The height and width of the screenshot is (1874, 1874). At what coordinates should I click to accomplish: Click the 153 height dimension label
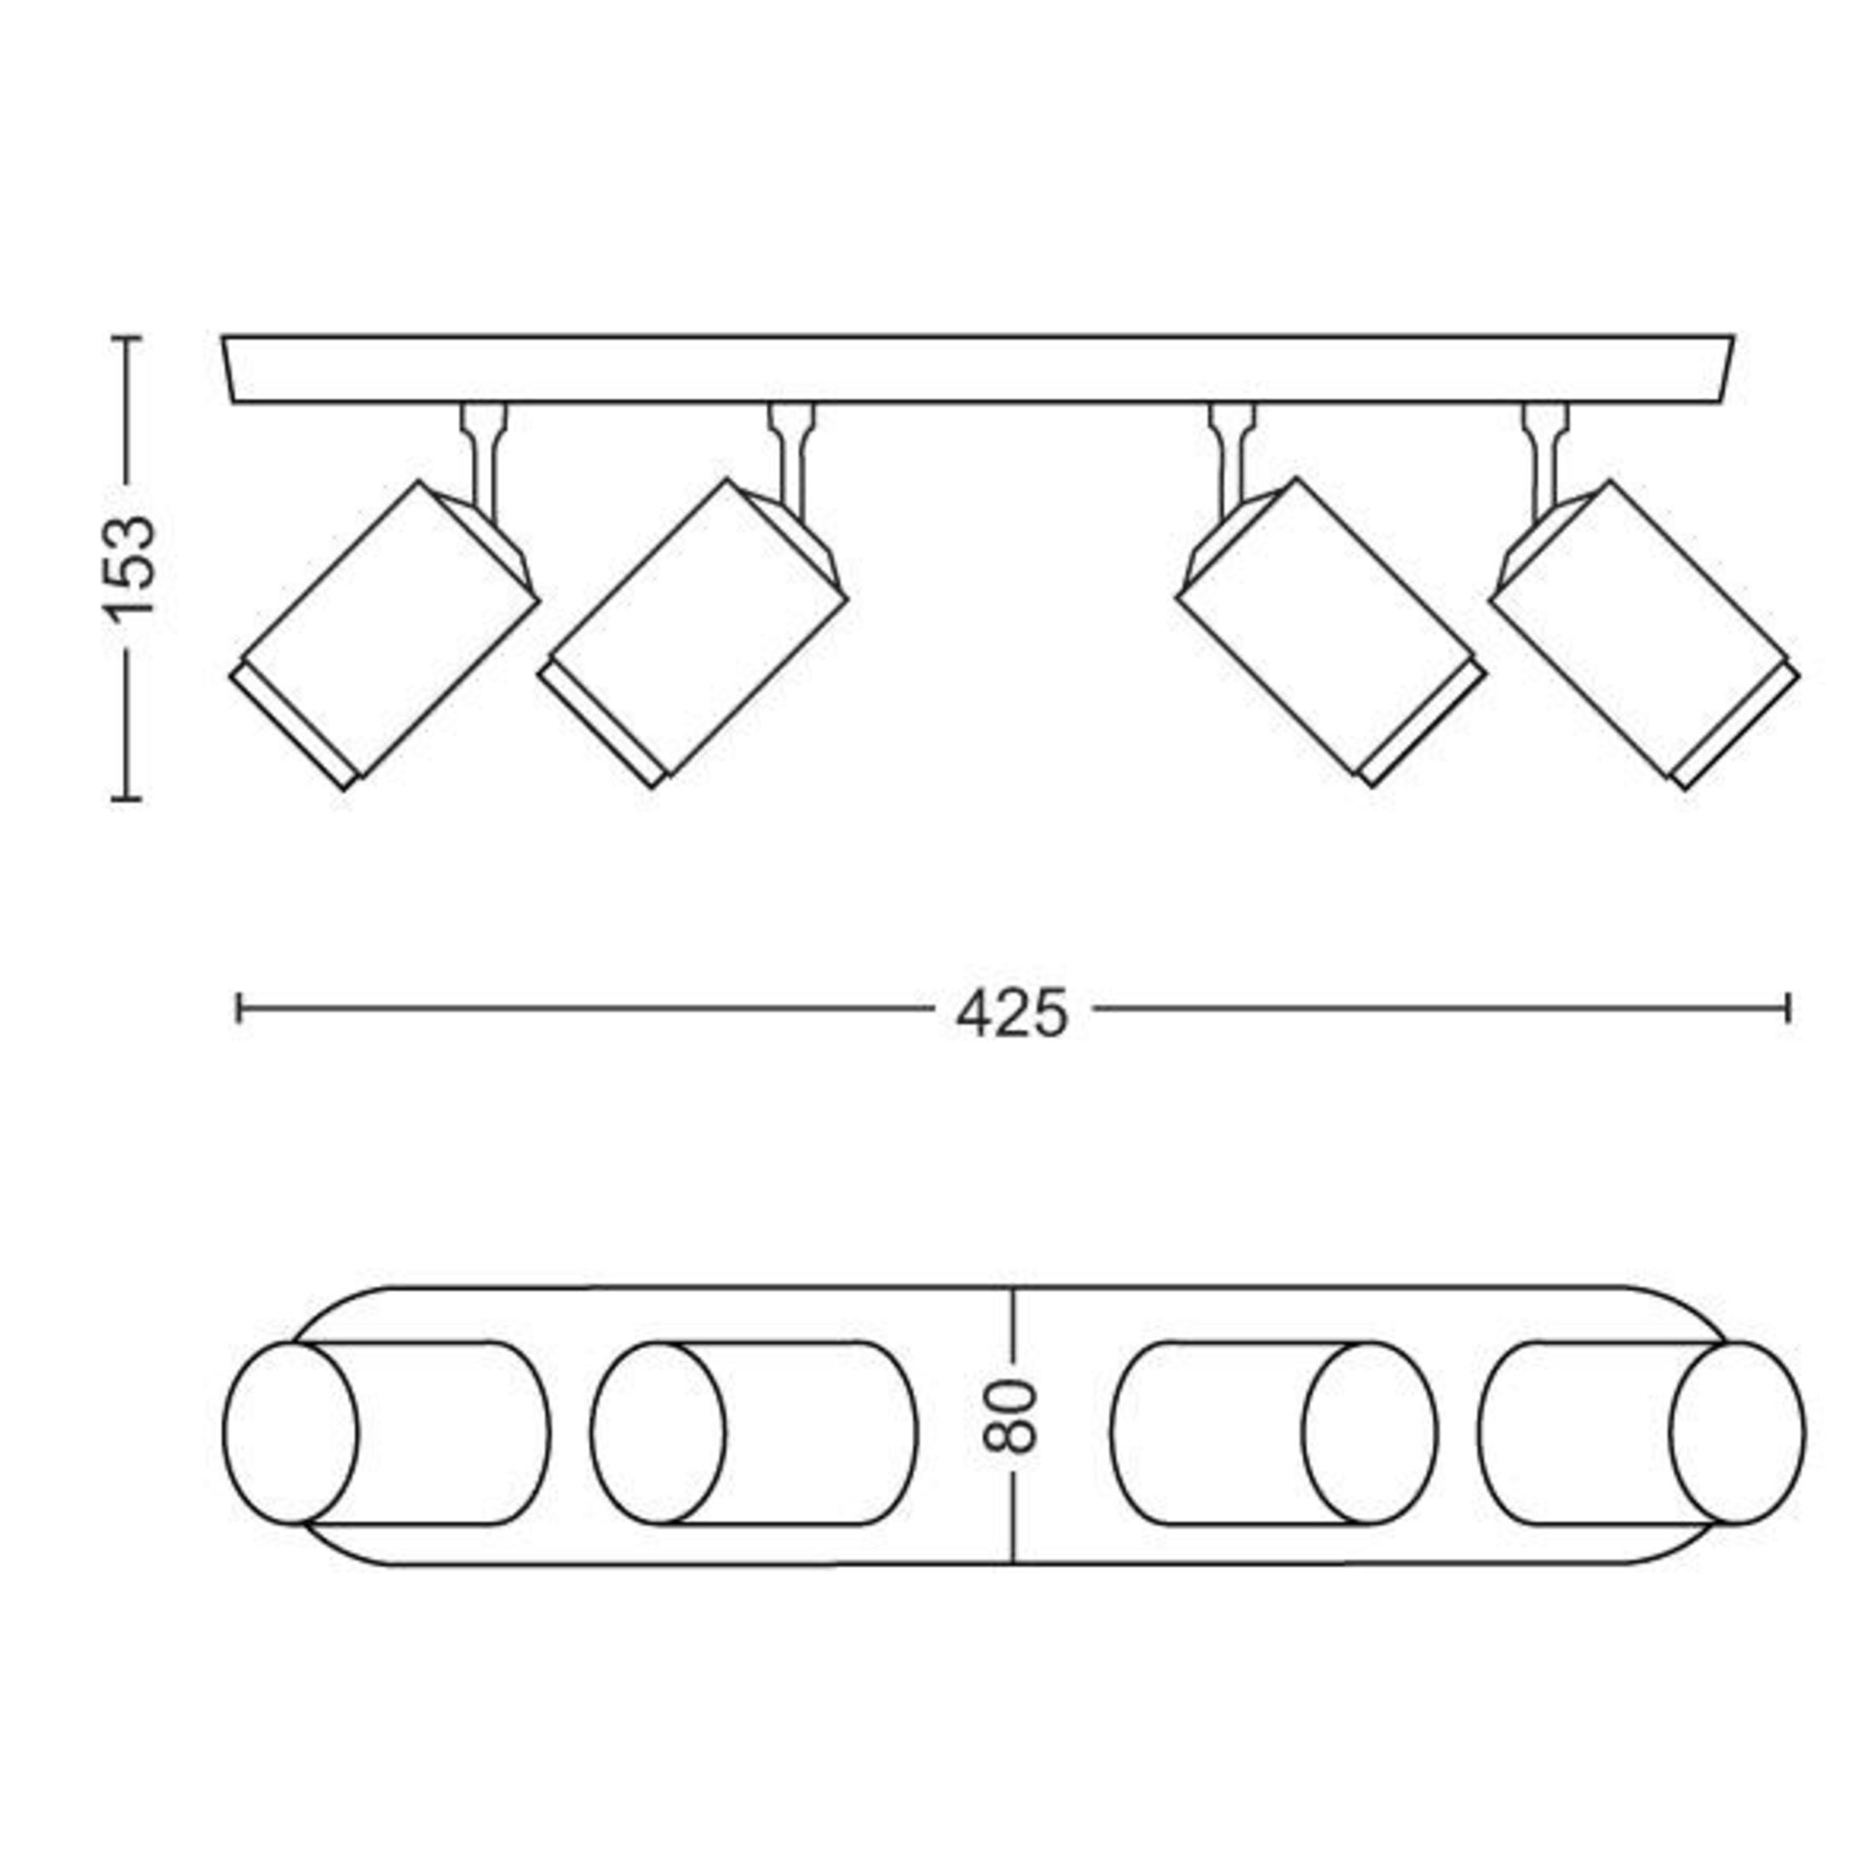128,567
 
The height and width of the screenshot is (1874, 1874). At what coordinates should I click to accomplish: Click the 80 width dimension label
1011,1417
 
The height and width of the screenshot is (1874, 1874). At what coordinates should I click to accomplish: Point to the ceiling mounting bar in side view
978,369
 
